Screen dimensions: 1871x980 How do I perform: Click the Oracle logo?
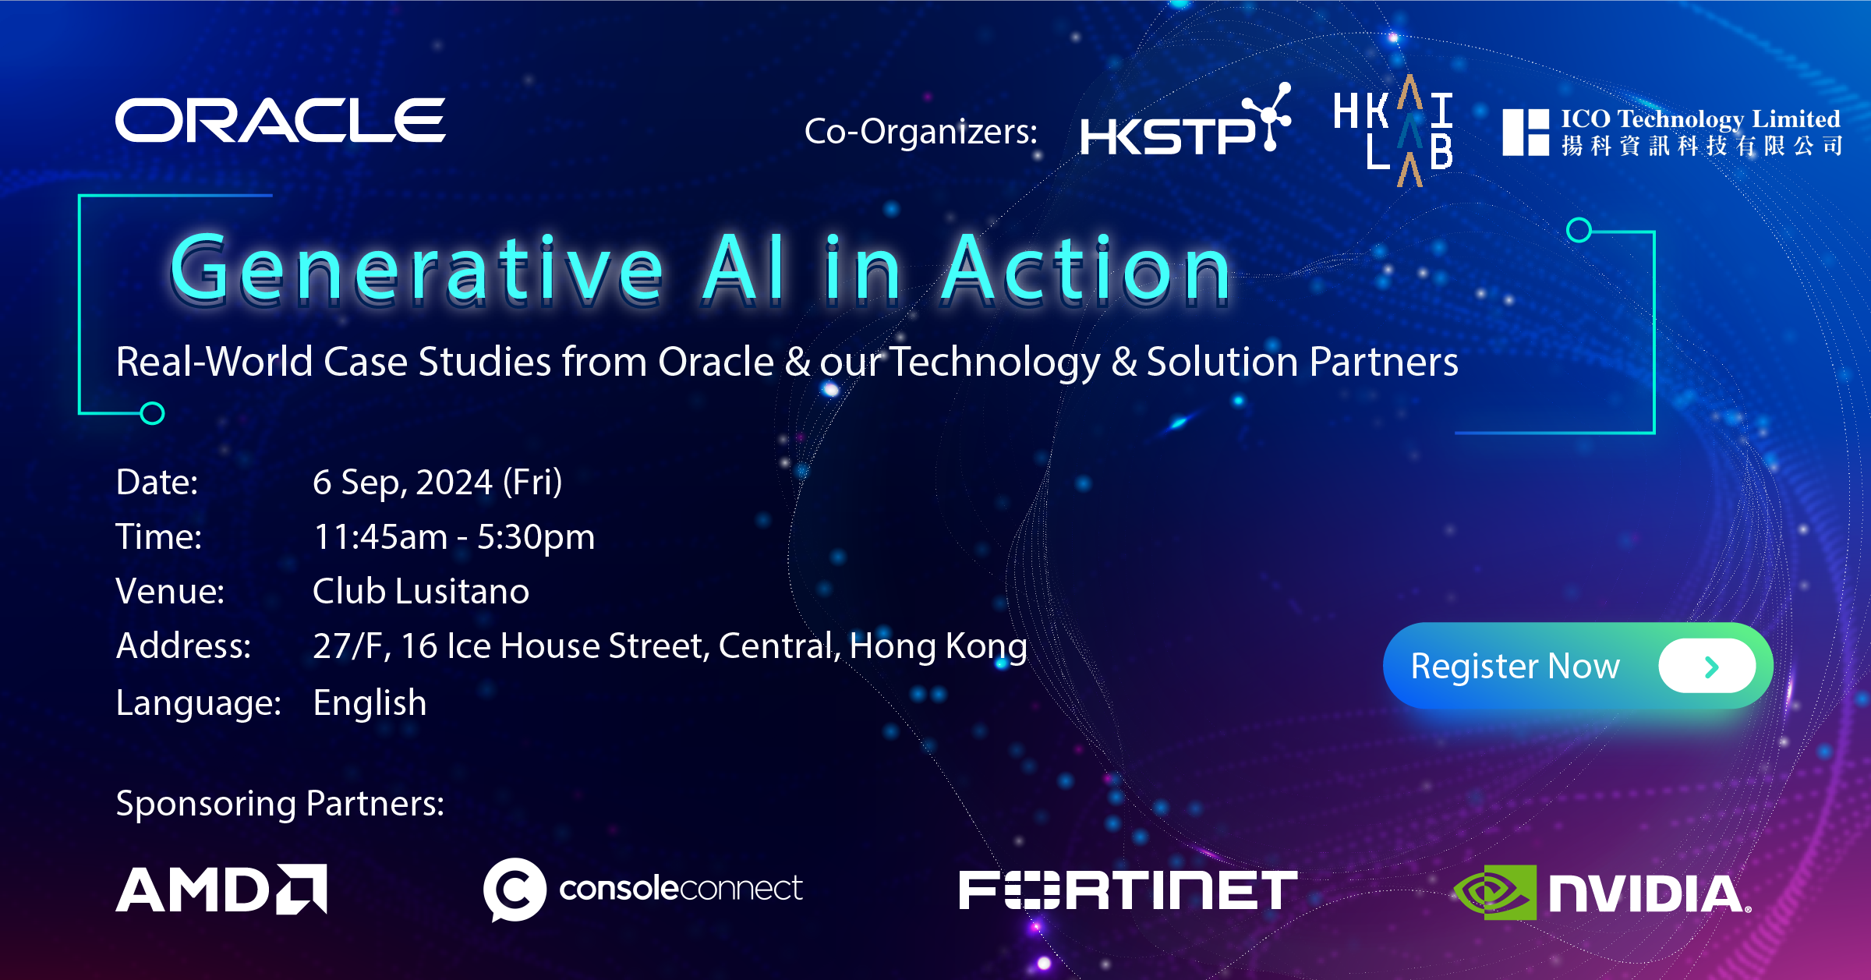point(281,120)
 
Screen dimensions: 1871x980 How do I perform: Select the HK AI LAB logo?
point(1393,131)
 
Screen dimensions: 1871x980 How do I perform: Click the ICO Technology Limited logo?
point(1672,132)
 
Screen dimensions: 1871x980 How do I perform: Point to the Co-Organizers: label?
point(921,131)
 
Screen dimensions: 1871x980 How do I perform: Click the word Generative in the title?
point(417,268)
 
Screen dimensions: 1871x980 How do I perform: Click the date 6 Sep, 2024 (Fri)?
point(437,482)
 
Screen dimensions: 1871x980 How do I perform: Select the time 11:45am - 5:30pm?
point(454,536)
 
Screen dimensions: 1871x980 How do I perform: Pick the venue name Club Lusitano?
point(421,591)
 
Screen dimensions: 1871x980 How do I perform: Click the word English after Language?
point(370,703)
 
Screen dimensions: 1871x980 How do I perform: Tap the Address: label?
point(183,646)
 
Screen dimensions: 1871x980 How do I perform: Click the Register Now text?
point(1516,667)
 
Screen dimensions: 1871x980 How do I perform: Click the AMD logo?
point(221,889)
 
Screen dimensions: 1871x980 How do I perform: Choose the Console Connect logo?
point(643,889)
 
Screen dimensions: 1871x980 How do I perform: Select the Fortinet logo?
point(1128,890)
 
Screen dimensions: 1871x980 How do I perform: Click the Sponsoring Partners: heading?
point(280,804)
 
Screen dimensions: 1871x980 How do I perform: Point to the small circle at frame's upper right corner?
point(1579,230)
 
